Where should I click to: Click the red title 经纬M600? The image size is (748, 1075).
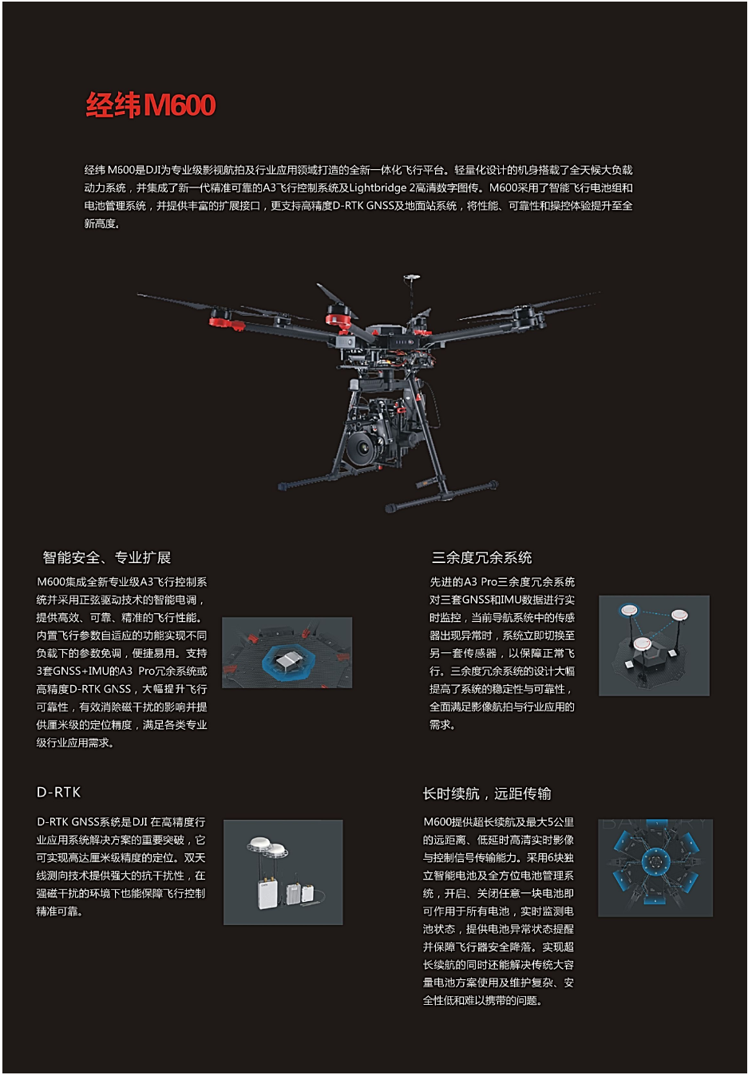click(x=151, y=105)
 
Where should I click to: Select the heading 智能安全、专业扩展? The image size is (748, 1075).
click(x=106, y=557)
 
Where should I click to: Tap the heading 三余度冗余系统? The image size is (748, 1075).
click(x=481, y=557)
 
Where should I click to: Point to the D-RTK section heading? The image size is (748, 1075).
click(x=58, y=792)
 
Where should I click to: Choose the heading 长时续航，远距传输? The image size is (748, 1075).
click(x=486, y=793)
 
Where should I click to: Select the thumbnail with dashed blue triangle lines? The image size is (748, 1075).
click(x=654, y=645)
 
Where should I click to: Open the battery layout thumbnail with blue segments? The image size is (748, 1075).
click(x=655, y=867)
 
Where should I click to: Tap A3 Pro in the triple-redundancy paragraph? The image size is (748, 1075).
click(x=480, y=582)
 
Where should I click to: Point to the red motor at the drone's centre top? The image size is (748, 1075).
click(x=339, y=321)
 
